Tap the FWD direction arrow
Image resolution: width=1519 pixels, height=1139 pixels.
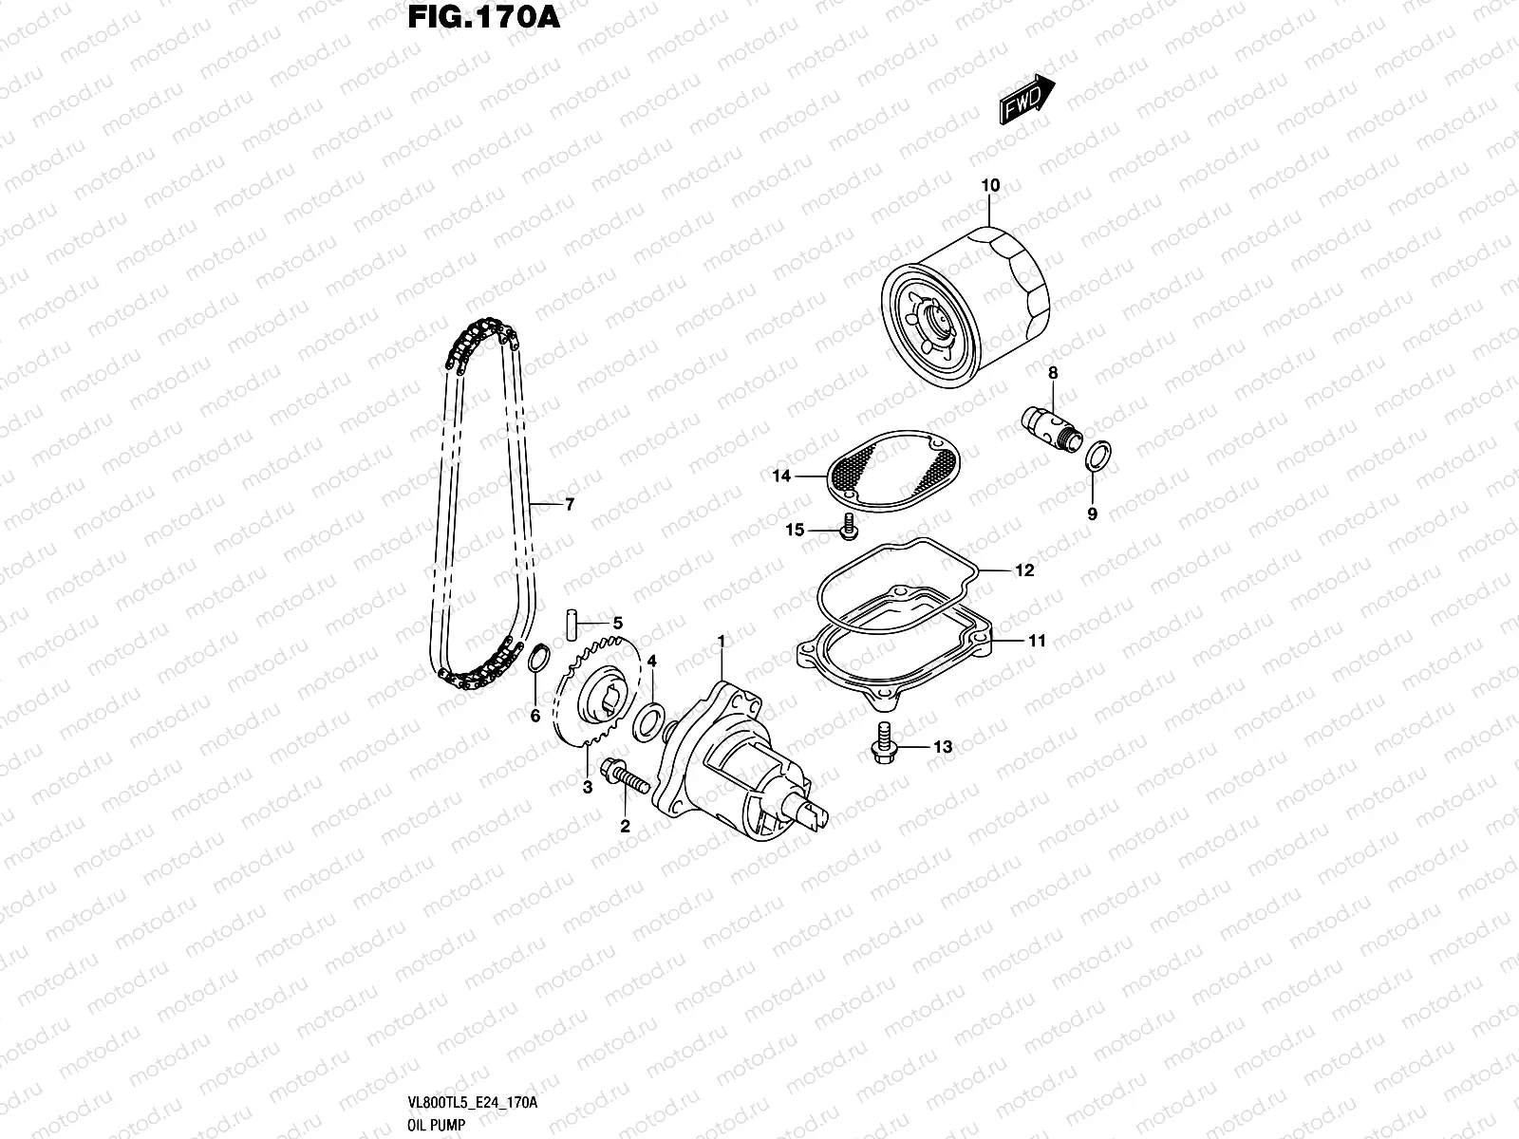point(1026,98)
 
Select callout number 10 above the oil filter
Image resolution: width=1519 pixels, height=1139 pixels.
point(990,186)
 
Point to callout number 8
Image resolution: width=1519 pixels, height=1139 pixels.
point(1053,374)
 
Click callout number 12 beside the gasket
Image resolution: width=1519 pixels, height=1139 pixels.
point(1023,570)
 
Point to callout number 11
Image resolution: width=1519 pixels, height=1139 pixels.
point(1037,641)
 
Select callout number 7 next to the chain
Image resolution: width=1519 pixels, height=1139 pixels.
point(570,505)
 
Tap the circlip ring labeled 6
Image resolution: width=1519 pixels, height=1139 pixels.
point(537,657)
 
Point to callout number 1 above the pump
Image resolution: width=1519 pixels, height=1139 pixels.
point(721,643)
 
